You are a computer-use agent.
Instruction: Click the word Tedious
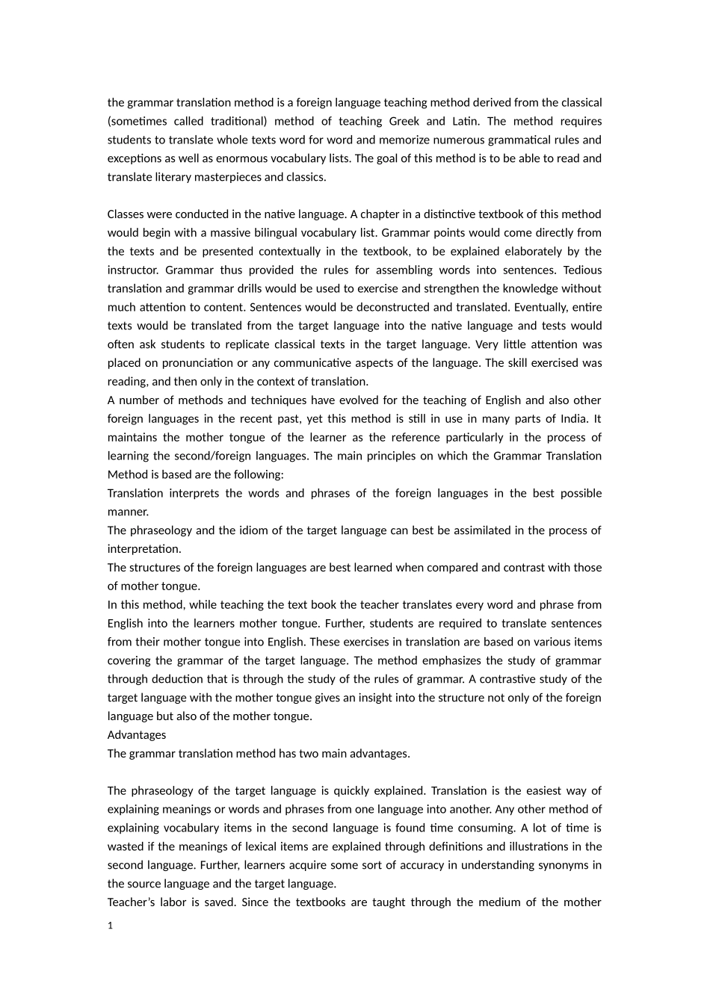click(582, 270)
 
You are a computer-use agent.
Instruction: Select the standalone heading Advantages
click(137, 735)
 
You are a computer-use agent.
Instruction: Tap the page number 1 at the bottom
click(111, 926)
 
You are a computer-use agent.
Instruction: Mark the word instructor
click(132, 270)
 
